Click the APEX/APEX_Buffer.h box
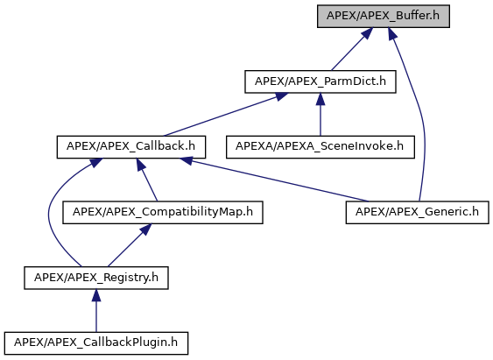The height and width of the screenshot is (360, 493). point(384,16)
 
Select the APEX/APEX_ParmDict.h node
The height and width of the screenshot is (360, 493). point(320,81)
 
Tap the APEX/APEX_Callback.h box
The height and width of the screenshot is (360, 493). point(131,147)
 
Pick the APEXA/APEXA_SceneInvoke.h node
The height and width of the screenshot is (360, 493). point(320,147)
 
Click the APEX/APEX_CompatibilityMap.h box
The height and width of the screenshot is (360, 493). point(163,212)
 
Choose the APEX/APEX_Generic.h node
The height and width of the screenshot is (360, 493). point(417,212)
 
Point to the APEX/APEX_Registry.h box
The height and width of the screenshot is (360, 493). point(96,278)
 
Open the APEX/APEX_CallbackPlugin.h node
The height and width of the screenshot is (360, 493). point(96,343)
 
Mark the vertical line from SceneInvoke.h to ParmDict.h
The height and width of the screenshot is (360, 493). point(320,115)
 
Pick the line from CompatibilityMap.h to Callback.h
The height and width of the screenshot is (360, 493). point(147,180)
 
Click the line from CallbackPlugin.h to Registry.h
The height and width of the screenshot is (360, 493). point(96,311)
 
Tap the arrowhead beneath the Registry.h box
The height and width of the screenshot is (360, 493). point(96,295)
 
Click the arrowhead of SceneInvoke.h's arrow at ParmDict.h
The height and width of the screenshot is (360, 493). point(320,99)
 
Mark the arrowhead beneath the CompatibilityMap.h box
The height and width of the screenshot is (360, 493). point(146,229)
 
